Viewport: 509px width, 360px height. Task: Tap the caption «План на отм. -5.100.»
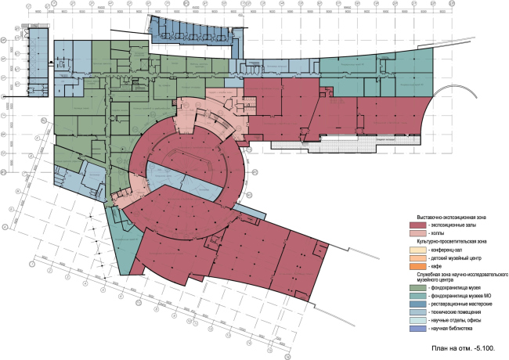pos(464,345)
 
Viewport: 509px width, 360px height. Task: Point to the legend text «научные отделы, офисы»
pos(446,320)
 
